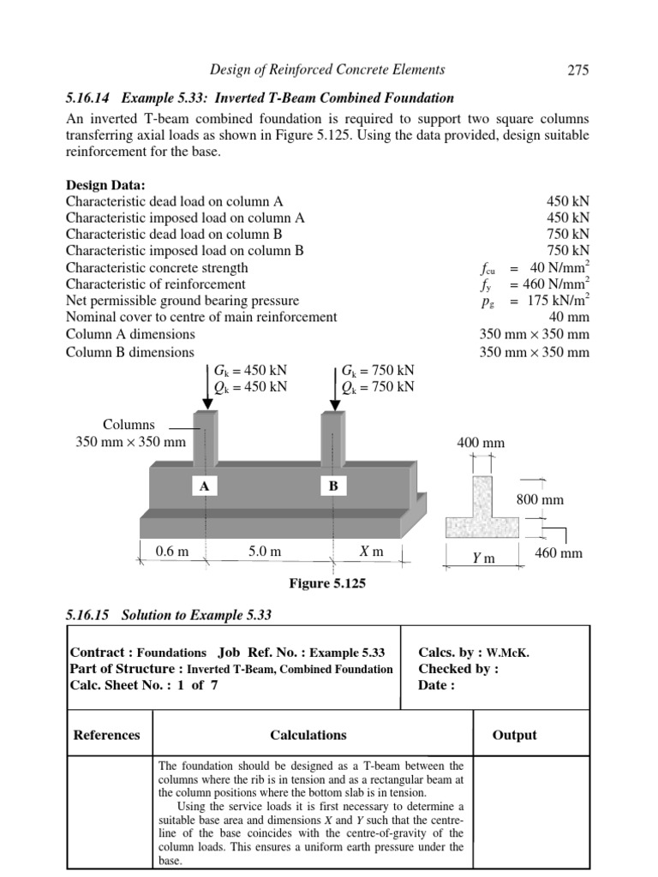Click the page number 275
(x=579, y=70)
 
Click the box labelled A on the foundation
(x=204, y=486)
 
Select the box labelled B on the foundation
(x=332, y=486)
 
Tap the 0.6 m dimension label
(x=171, y=552)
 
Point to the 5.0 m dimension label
(x=265, y=552)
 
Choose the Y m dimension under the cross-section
(x=484, y=558)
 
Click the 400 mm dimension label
(x=481, y=443)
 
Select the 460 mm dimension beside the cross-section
(x=558, y=553)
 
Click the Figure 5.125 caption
(x=328, y=584)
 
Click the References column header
(x=106, y=735)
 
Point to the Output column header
(x=514, y=735)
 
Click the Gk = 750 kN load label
(x=377, y=370)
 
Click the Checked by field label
(x=458, y=669)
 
